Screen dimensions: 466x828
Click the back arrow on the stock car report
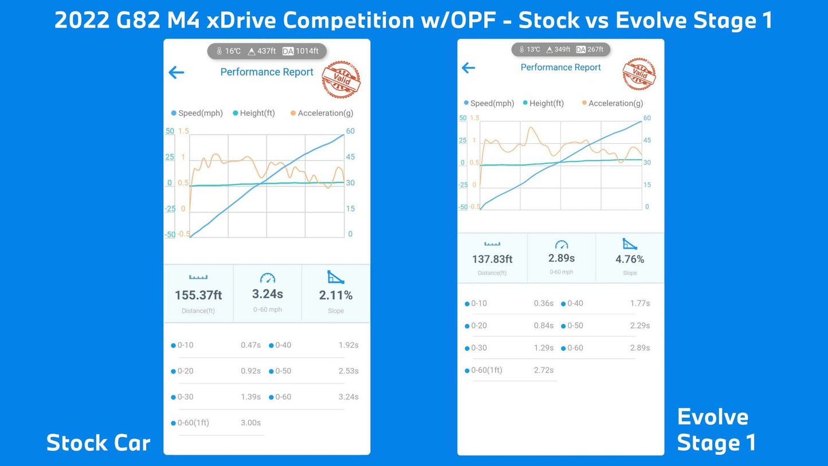point(176,72)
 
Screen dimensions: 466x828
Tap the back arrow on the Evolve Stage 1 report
point(468,68)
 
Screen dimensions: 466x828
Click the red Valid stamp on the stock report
point(342,80)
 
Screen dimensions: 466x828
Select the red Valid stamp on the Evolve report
point(639,74)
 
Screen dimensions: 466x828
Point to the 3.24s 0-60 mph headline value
point(268,294)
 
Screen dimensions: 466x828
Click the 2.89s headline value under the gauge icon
point(562,258)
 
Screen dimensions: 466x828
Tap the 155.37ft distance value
point(198,295)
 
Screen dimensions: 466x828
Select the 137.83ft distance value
point(492,259)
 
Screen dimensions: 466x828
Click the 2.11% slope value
point(336,295)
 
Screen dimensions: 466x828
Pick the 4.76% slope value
point(630,259)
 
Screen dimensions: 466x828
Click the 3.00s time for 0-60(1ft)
point(250,422)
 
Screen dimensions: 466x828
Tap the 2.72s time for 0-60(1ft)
point(544,370)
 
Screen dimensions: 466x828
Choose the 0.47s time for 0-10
point(250,345)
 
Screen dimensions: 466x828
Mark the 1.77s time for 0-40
point(640,303)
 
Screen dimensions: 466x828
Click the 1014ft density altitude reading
point(307,51)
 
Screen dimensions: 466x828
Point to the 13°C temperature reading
point(533,49)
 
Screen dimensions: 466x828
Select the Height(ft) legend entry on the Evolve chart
point(546,103)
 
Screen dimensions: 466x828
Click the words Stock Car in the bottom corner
point(99,443)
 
